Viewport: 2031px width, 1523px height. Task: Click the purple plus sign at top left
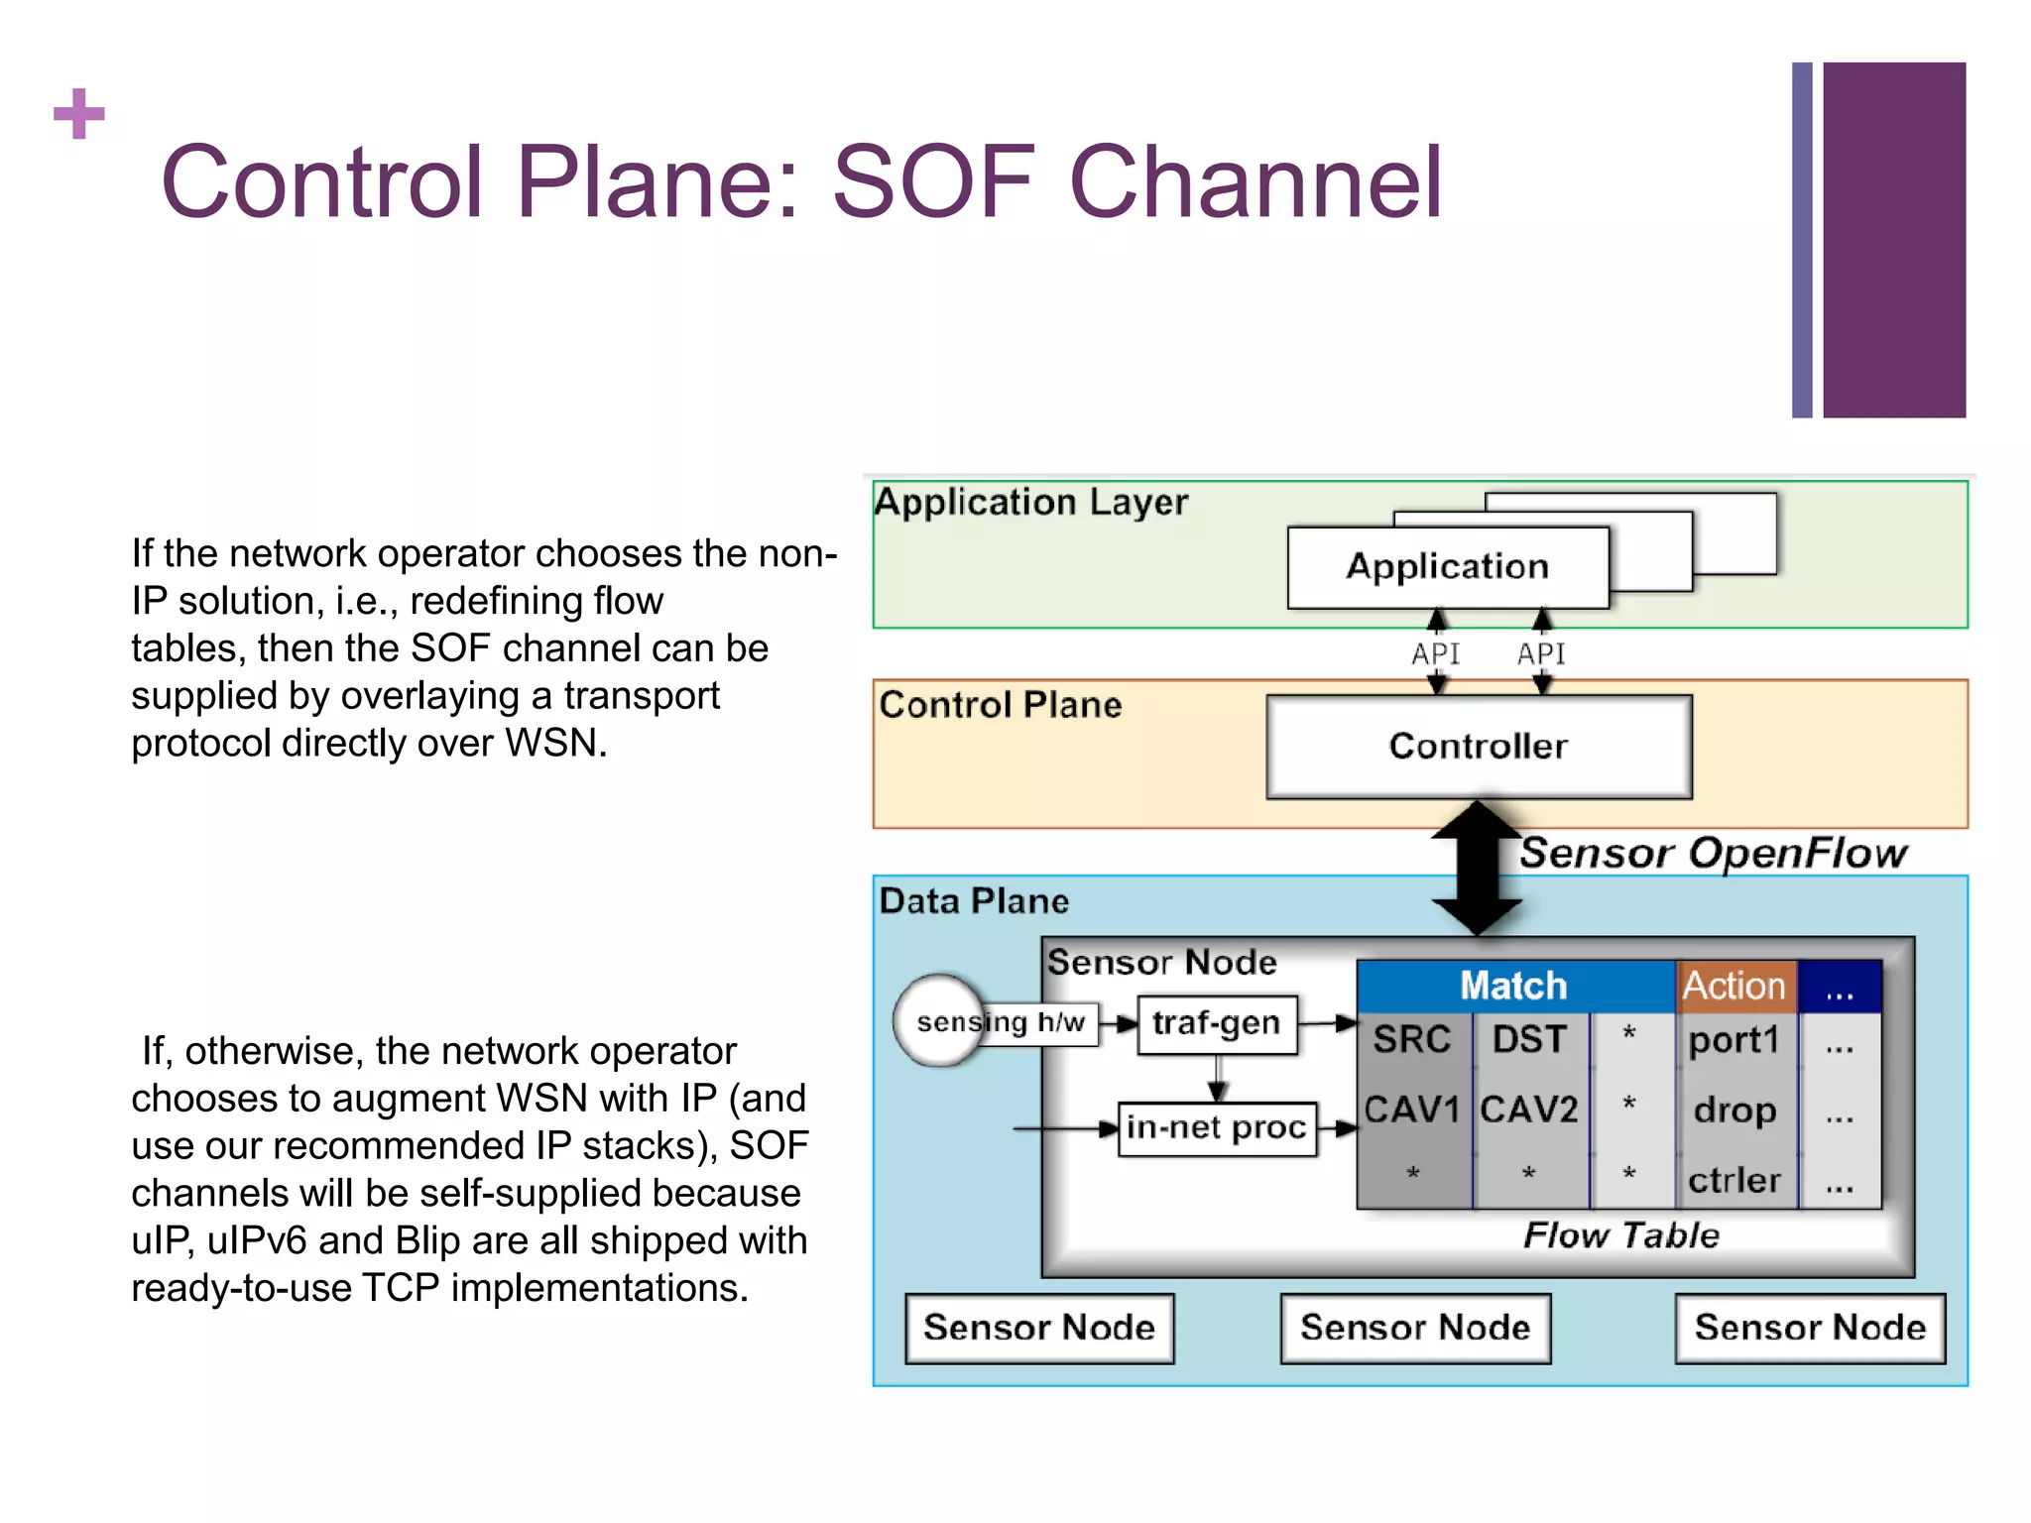coord(78,114)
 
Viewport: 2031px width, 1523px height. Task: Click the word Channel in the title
coord(1254,182)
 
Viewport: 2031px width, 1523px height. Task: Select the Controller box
coord(1478,747)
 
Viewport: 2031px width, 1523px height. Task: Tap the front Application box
coord(1447,567)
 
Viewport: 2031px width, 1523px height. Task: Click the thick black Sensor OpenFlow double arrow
coord(1477,869)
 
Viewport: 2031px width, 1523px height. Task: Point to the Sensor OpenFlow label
coord(1713,853)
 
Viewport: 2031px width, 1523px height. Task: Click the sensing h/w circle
coord(937,1021)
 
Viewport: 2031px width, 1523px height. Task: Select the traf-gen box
coord(1216,1023)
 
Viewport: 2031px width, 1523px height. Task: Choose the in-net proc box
coord(1216,1128)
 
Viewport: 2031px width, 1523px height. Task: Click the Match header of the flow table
coord(1513,986)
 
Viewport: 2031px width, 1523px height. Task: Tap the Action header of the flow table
coord(1734,986)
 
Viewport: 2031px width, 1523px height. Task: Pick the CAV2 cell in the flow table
coord(1528,1110)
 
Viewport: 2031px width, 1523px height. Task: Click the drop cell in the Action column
coord(1734,1110)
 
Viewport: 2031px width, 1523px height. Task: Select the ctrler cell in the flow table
coord(1734,1180)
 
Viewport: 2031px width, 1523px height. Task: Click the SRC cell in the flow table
coord(1412,1039)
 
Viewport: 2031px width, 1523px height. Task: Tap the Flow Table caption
coord(1620,1235)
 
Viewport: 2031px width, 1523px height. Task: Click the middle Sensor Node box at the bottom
coord(1415,1328)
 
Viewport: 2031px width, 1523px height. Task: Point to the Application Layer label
coord(1030,503)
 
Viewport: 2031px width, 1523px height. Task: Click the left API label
coord(1435,654)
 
